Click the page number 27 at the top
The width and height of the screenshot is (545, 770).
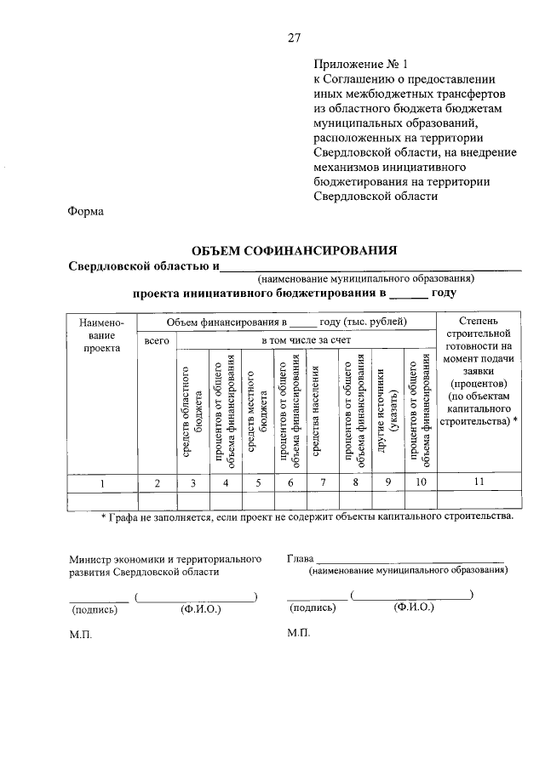click(x=294, y=37)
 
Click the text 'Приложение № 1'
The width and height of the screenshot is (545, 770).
click(x=361, y=64)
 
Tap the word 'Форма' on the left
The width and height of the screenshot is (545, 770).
click(x=86, y=213)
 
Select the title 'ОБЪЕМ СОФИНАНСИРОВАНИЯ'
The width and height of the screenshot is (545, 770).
click(x=295, y=250)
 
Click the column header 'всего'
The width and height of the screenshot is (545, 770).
click(x=158, y=340)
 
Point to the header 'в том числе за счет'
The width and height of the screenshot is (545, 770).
click(x=306, y=340)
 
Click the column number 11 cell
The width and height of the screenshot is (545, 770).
click(x=479, y=482)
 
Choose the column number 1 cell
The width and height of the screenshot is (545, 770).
click(x=102, y=482)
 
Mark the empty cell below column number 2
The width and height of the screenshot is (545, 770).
click(x=158, y=499)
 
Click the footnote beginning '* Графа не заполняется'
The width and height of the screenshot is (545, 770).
click(x=307, y=516)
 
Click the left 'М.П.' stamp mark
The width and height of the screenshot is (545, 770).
click(x=80, y=635)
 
